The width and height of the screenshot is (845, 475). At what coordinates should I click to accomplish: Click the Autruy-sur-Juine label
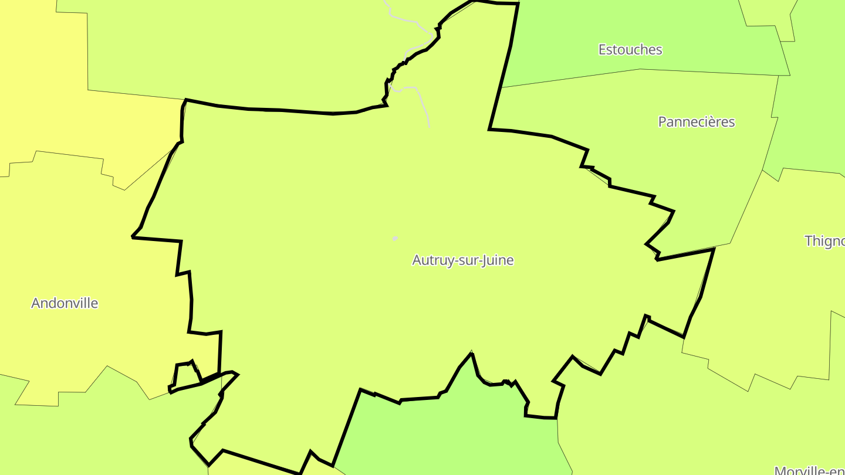463,260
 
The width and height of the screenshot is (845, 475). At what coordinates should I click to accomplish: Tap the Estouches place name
630,50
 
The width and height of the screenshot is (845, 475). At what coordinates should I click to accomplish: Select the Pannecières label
696,122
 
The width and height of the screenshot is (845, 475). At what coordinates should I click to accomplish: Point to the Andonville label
65,303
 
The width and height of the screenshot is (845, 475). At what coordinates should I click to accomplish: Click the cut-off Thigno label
824,241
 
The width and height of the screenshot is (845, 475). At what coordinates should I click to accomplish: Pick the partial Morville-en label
810,470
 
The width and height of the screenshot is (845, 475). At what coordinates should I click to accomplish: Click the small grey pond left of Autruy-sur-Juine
395,239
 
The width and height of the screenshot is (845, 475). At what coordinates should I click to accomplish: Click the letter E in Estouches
602,50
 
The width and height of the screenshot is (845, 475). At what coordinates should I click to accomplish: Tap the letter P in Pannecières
663,122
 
